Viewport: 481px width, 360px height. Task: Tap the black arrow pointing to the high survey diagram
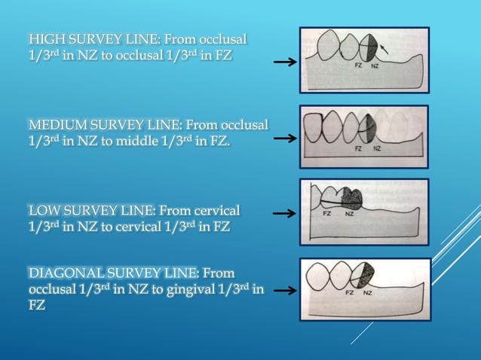pyautogui.click(x=284, y=63)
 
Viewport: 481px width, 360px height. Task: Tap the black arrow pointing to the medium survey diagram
pyautogui.click(x=284, y=139)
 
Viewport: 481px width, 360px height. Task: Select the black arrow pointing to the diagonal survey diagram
pyautogui.click(x=284, y=289)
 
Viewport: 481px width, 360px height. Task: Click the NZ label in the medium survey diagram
pyautogui.click(x=376, y=148)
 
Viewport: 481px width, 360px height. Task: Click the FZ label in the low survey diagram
pyautogui.click(x=327, y=213)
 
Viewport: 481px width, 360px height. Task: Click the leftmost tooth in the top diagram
pyautogui.click(x=329, y=46)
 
